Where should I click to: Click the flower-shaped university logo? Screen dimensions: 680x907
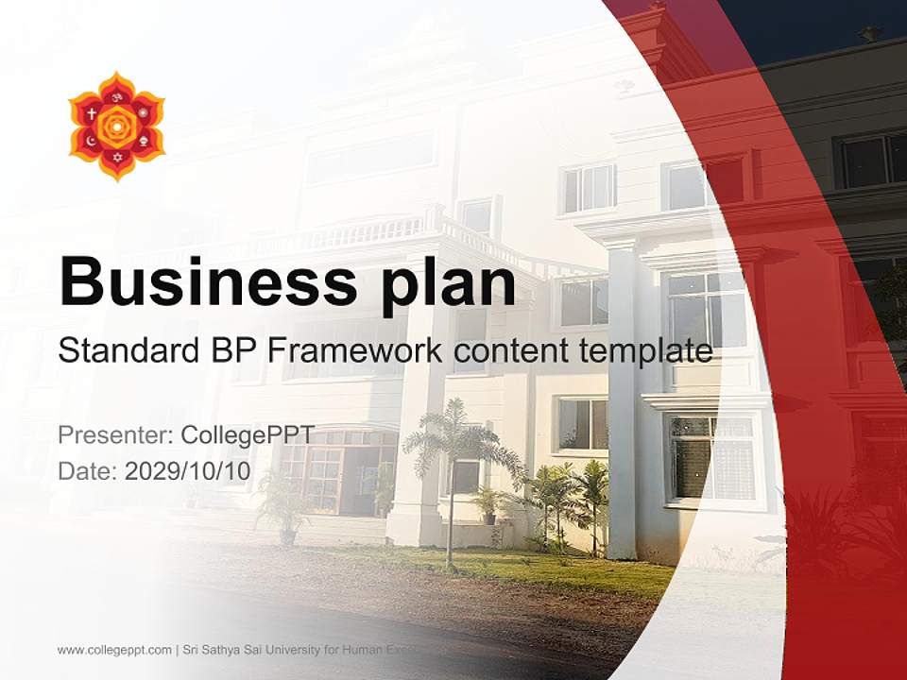pos(116,126)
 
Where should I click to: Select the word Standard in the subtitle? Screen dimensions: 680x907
pos(124,351)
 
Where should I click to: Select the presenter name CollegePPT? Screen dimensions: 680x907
pos(247,435)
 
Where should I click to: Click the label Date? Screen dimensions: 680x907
pos(88,471)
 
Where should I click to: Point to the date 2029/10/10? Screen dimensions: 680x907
pos(188,471)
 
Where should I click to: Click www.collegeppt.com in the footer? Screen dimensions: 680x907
pos(114,650)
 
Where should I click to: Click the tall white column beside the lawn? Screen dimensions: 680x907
pos(622,397)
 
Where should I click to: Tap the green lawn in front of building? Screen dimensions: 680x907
pos(529,567)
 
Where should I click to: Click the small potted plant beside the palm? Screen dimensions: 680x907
pos(487,505)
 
